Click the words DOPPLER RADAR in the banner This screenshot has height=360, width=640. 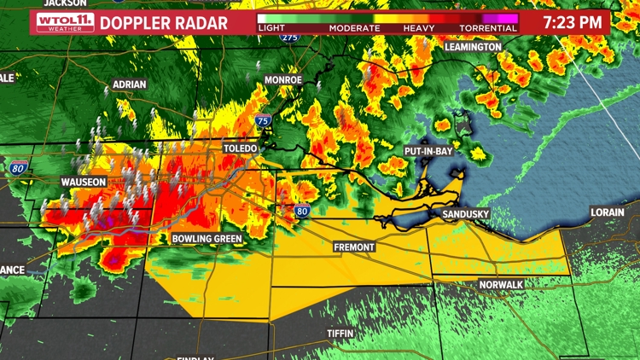164,23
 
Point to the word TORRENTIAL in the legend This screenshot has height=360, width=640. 489,28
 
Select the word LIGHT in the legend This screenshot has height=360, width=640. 273,28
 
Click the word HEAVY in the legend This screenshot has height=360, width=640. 419,28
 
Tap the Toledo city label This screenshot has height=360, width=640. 240,148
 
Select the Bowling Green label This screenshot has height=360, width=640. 207,239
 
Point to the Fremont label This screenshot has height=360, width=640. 353,247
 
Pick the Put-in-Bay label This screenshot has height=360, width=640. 428,151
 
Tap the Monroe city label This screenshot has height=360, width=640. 283,79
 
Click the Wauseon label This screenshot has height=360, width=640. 84,182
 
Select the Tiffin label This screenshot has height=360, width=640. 340,333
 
